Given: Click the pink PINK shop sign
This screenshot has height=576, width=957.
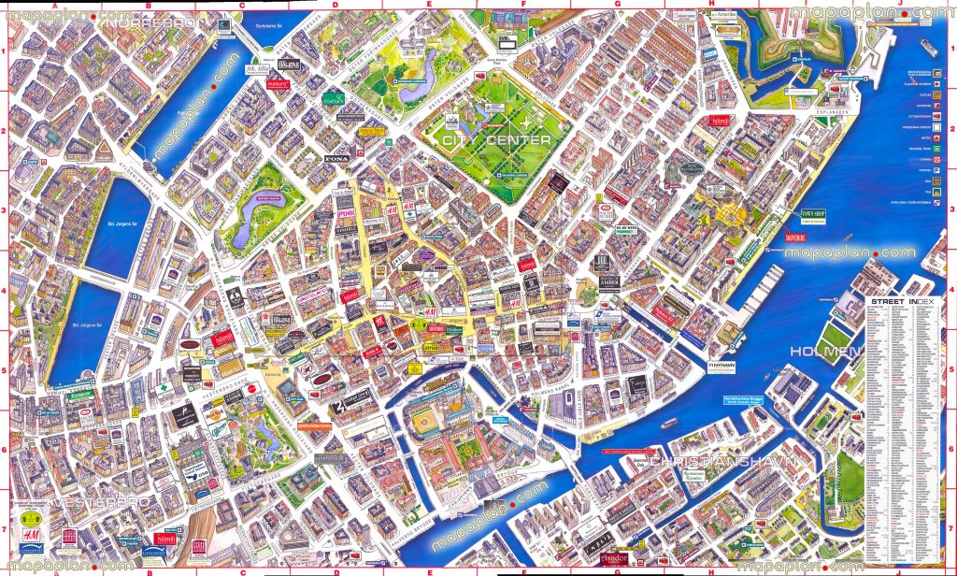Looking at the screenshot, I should (x=342, y=216).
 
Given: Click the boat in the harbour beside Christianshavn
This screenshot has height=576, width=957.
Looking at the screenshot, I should (x=668, y=424).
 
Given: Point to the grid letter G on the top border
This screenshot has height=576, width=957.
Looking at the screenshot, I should (x=617, y=6).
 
